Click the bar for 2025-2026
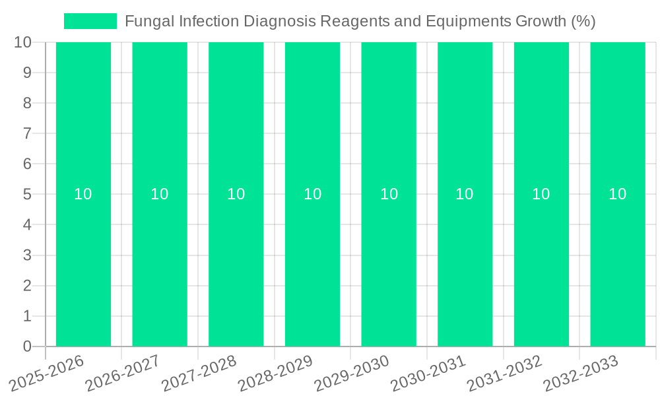83,264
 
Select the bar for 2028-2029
312,264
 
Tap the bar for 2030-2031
465,264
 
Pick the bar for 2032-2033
617,264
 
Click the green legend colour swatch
90,21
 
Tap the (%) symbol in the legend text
583,21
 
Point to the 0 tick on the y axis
27,346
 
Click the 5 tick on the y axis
27,195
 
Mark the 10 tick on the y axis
23,43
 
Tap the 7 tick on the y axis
27,134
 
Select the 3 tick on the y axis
27,255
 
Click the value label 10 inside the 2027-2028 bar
236,194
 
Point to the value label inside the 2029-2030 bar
389,194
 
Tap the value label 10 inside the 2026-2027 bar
160,194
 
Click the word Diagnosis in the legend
280,21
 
